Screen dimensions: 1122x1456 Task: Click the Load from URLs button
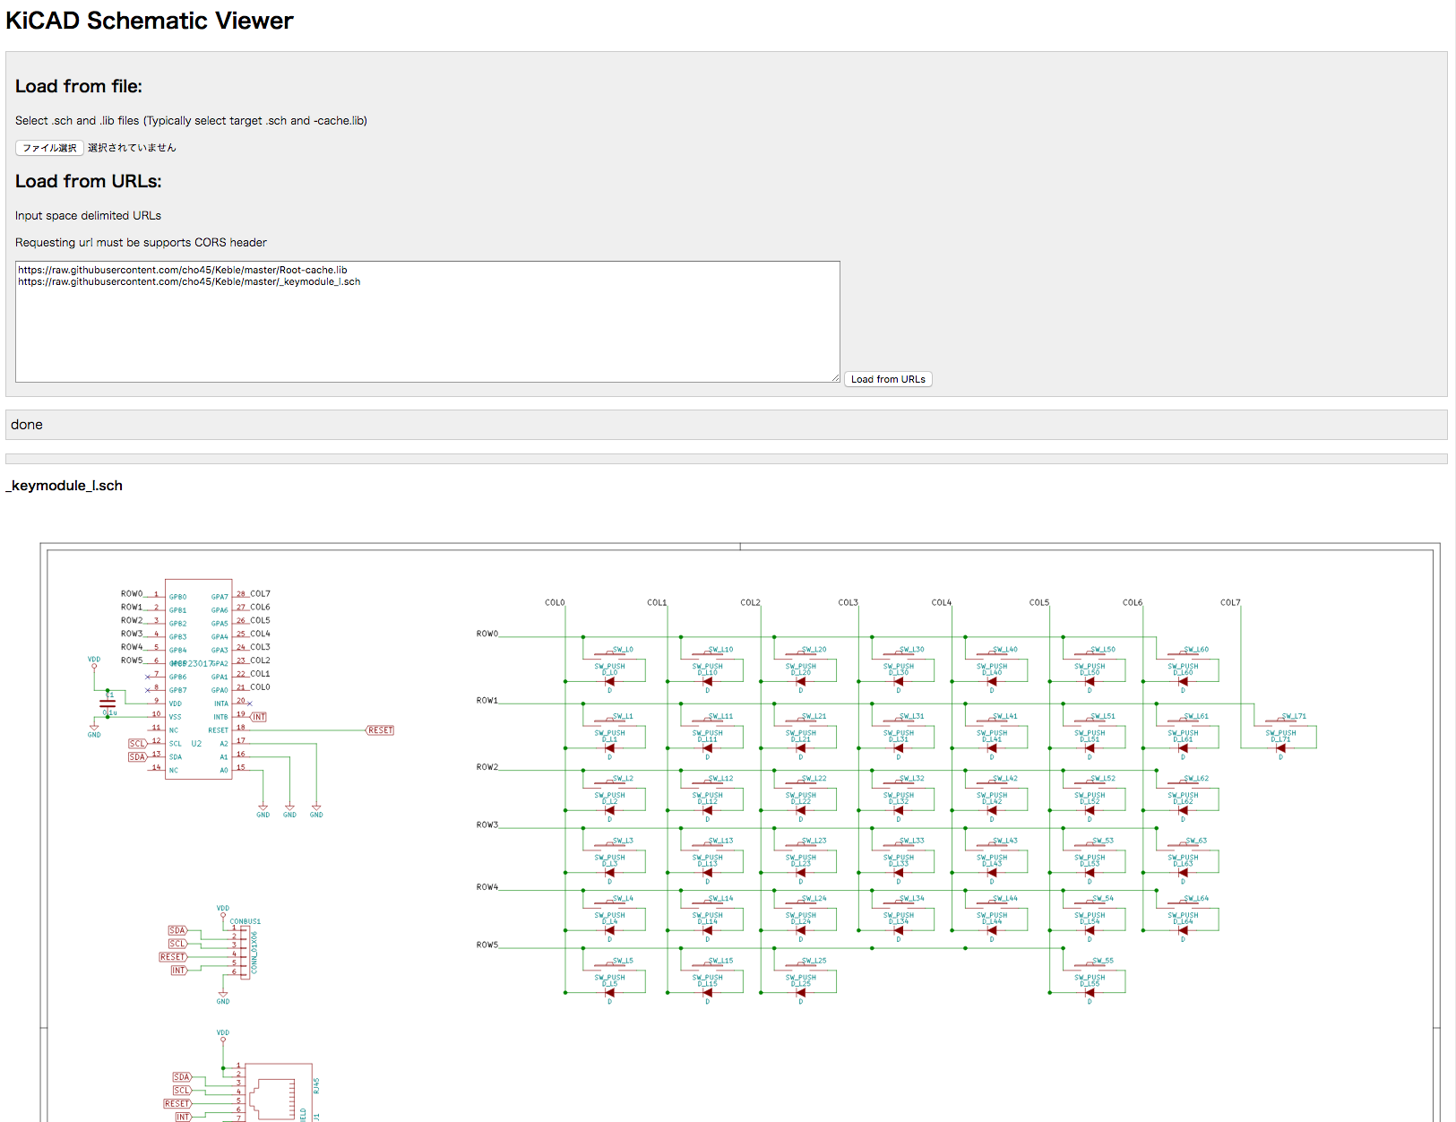point(888,379)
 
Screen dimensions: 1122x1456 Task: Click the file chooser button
point(49,148)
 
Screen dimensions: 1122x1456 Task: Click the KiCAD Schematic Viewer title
point(150,21)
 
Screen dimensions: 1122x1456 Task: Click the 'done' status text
point(27,425)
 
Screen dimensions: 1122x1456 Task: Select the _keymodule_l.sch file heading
point(65,486)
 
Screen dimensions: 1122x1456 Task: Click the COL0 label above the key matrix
point(555,602)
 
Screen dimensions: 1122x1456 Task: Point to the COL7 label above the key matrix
point(1230,602)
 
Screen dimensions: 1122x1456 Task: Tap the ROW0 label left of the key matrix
point(487,634)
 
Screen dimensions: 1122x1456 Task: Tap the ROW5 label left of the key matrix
point(487,945)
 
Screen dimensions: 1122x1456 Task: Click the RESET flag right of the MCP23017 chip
point(381,730)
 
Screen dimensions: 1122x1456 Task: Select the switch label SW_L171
point(1293,716)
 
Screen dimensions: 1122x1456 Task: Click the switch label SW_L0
point(623,649)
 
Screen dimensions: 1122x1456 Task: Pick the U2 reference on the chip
point(196,744)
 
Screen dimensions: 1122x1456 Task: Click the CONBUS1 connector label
point(245,921)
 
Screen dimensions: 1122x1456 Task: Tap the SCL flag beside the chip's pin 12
point(137,744)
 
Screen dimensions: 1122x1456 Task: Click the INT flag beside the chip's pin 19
point(259,717)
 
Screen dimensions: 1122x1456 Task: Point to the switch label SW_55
point(1102,960)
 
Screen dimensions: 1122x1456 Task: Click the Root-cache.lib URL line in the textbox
point(183,270)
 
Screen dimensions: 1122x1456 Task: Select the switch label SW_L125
point(814,960)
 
